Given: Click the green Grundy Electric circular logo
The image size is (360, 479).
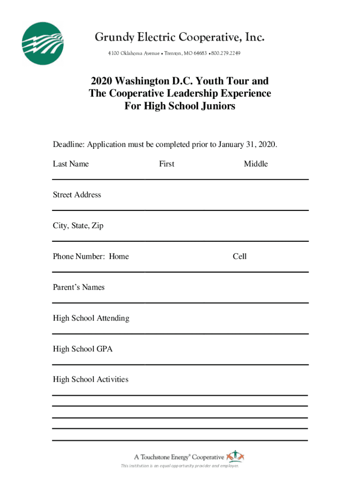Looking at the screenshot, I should (43, 44).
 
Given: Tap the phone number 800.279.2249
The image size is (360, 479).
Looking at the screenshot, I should (226, 53).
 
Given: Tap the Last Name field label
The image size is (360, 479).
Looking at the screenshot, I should (71, 164).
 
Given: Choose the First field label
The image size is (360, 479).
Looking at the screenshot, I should (166, 164).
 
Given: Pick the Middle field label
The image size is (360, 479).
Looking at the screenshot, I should (256, 164).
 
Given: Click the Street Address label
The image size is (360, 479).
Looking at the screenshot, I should (77, 195).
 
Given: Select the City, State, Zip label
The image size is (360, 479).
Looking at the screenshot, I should (78, 225).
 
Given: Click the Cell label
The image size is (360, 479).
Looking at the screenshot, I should (240, 256).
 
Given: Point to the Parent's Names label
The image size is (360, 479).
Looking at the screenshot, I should (79, 287).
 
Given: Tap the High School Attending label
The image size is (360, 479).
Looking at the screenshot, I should (91, 318).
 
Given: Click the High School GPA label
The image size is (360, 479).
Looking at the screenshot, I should (82, 349).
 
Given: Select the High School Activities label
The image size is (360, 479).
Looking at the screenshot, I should (90, 379).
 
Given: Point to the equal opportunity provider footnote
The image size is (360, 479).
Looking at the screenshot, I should (180, 466).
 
